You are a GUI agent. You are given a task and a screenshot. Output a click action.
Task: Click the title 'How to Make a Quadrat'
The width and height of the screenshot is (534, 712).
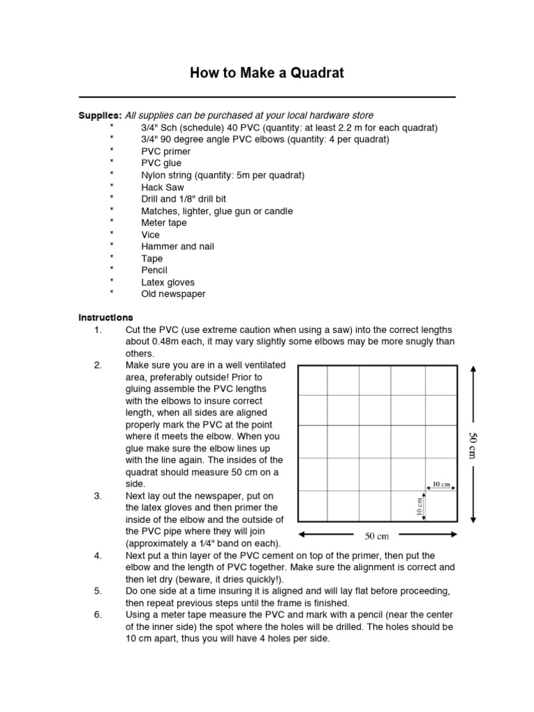267,74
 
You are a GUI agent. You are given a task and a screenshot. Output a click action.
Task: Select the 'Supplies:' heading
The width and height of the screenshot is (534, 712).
100,115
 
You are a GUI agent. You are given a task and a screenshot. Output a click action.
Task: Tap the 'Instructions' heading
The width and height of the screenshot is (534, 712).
105,317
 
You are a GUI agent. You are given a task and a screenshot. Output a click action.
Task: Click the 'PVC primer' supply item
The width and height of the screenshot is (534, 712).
165,151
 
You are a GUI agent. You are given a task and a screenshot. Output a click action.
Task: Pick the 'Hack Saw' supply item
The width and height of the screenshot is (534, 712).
163,187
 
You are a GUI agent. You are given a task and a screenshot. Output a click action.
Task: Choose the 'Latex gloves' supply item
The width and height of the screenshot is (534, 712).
168,282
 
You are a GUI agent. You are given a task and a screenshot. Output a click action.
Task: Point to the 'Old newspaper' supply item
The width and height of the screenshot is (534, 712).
173,294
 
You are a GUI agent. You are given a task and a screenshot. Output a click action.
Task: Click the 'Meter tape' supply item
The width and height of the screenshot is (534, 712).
164,222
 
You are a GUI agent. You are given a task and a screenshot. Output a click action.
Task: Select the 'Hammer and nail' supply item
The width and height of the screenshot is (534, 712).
177,246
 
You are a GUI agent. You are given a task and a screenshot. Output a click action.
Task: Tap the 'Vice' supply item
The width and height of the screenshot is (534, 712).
150,234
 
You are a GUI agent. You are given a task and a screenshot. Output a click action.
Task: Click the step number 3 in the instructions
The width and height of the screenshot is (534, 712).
97,496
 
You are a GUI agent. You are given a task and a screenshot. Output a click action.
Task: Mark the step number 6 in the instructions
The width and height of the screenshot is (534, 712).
97,615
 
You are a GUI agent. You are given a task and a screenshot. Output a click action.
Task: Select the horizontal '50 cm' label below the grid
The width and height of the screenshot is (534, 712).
377,536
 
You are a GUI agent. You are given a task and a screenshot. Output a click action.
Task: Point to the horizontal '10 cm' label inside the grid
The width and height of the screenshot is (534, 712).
441,483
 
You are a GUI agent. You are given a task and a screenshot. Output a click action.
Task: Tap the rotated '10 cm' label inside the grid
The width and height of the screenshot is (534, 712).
419,506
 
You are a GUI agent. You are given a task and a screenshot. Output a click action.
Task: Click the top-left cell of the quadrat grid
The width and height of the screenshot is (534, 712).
313,380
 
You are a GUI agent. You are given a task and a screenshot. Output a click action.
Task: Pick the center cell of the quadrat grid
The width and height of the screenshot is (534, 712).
377,442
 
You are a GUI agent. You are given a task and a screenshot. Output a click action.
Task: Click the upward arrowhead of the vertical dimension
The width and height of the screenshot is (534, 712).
474,369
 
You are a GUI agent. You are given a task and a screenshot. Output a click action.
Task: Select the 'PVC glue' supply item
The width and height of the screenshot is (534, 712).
161,163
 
